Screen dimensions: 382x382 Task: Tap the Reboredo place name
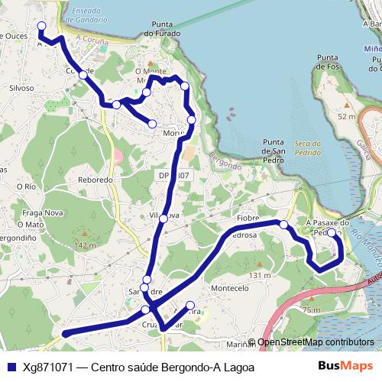pyautogui.click(x=95, y=180)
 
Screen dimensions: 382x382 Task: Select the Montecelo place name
pyautogui.click(x=230, y=288)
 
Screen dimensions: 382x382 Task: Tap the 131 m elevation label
pyautogui.click(x=260, y=275)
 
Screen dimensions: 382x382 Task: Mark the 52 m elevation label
pyautogui.click(x=346, y=116)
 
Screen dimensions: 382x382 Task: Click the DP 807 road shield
pyautogui.click(x=173, y=176)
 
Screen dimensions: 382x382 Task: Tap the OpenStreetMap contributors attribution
pyautogui.click(x=315, y=342)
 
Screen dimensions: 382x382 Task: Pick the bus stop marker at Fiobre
pyautogui.click(x=283, y=225)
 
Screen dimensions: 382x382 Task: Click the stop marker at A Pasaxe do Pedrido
pyautogui.click(x=332, y=233)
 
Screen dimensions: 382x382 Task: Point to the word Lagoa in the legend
pyautogui.click(x=235, y=367)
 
